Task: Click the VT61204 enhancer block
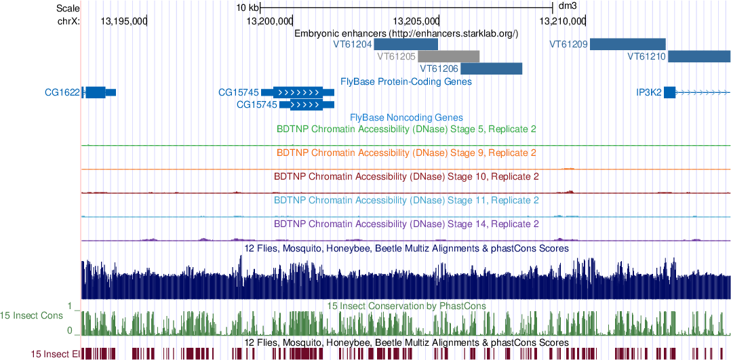[x=406, y=44]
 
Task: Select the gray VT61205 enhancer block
[x=449, y=56]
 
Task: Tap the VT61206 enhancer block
[x=492, y=68]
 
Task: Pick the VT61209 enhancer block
[x=627, y=44]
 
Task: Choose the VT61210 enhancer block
[x=698, y=56]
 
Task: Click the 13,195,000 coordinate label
[x=123, y=21]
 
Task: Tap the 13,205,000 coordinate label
[x=416, y=21]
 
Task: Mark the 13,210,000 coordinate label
[x=562, y=21]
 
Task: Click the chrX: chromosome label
[x=68, y=21]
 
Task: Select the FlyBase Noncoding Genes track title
[x=406, y=117]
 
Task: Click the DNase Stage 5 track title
[x=406, y=128]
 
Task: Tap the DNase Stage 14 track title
[x=406, y=223]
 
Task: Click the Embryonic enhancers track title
[x=406, y=33]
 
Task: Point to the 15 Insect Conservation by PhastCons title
[x=406, y=306]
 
